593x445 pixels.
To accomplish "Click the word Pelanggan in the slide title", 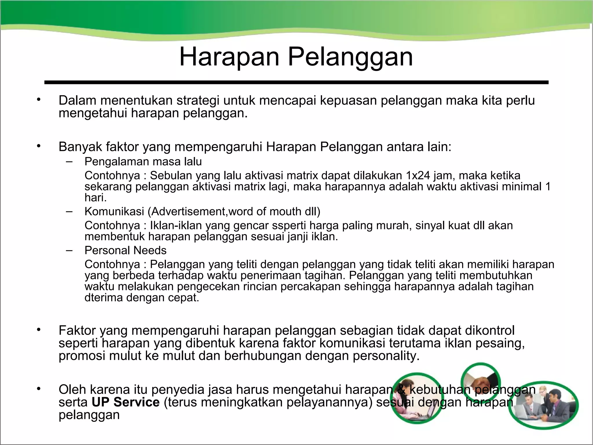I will (350, 57).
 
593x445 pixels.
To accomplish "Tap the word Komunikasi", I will (114, 211).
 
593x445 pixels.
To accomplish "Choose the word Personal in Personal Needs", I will (107, 250).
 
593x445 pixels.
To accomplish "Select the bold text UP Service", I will (126, 402).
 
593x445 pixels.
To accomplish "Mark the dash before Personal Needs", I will (69, 250).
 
